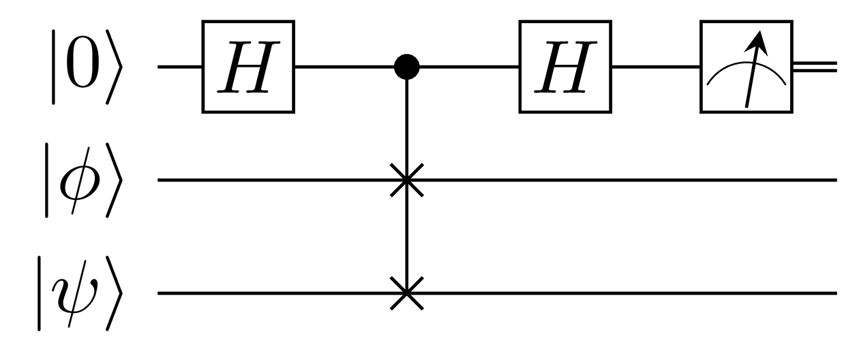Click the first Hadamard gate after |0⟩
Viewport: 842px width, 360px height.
(248, 67)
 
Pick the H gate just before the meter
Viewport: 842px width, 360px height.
(566, 67)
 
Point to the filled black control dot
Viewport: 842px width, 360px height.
(407, 67)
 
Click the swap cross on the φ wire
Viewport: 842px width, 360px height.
(407, 181)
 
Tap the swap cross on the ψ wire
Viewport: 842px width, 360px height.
(407, 294)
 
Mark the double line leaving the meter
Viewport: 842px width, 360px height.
(818, 67)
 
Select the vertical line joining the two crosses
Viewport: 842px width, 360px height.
(407, 237)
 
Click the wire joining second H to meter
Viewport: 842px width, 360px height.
(656, 67)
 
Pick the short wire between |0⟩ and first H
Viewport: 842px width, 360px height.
(179, 67)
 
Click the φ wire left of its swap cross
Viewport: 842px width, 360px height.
(273, 181)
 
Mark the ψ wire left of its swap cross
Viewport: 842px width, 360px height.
(273, 294)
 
